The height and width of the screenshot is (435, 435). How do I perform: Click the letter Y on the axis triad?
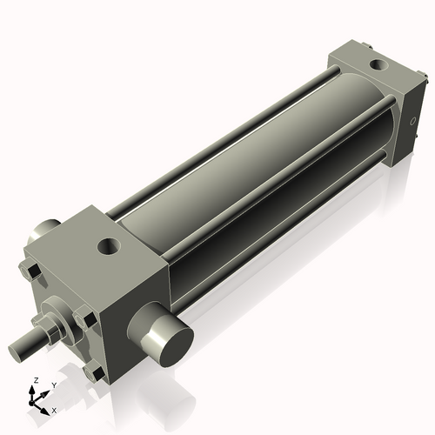(53, 385)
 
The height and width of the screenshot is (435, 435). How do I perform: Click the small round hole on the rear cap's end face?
(412, 123)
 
